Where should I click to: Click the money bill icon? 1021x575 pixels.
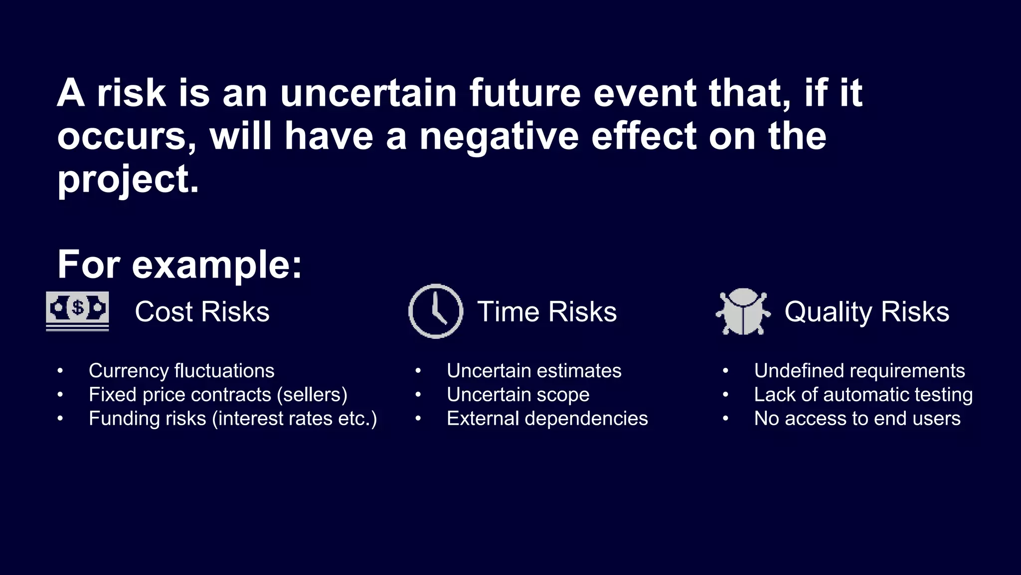(x=77, y=311)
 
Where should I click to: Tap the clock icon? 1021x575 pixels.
(x=436, y=311)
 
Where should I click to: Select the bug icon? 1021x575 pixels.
(x=743, y=311)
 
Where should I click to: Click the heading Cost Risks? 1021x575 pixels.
(x=202, y=312)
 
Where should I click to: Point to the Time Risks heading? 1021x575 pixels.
(x=547, y=312)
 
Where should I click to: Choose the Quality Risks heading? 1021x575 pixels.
(x=866, y=312)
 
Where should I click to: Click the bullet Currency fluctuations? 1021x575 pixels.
(x=181, y=371)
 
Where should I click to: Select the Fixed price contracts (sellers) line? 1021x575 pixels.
(x=218, y=395)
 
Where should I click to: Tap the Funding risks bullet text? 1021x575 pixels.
(x=232, y=419)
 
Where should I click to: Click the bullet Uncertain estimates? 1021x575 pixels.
(x=534, y=371)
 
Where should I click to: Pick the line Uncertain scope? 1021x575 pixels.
(x=518, y=395)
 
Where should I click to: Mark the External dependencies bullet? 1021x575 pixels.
(x=547, y=419)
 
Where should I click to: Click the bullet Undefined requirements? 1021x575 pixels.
(x=859, y=371)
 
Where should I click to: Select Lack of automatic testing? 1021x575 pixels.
(x=863, y=395)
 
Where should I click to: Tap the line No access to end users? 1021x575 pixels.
(x=857, y=419)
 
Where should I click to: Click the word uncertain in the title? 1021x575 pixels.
(x=368, y=93)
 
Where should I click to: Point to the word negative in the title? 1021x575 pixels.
(x=499, y=136)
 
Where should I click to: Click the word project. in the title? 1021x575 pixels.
(x=128, y=179)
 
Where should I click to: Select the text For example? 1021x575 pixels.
(x=179, y=265)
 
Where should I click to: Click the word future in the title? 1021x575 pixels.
(x=525, y=93)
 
